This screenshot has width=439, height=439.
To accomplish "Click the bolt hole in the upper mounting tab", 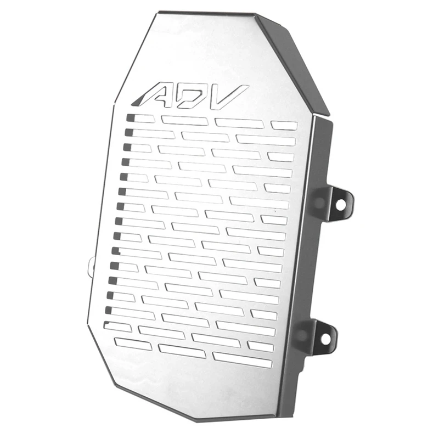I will pos(341,204).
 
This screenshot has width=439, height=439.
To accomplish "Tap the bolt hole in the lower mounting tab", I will pos(325,339).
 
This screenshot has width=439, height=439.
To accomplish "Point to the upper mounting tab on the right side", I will pos(336,202).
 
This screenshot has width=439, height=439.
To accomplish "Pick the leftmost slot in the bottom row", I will pos(132,344).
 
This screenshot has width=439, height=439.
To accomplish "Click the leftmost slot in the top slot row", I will pos(140,118).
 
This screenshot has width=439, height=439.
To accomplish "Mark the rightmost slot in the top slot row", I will pos(284,126).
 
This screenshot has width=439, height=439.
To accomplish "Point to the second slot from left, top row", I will pos(184,120).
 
